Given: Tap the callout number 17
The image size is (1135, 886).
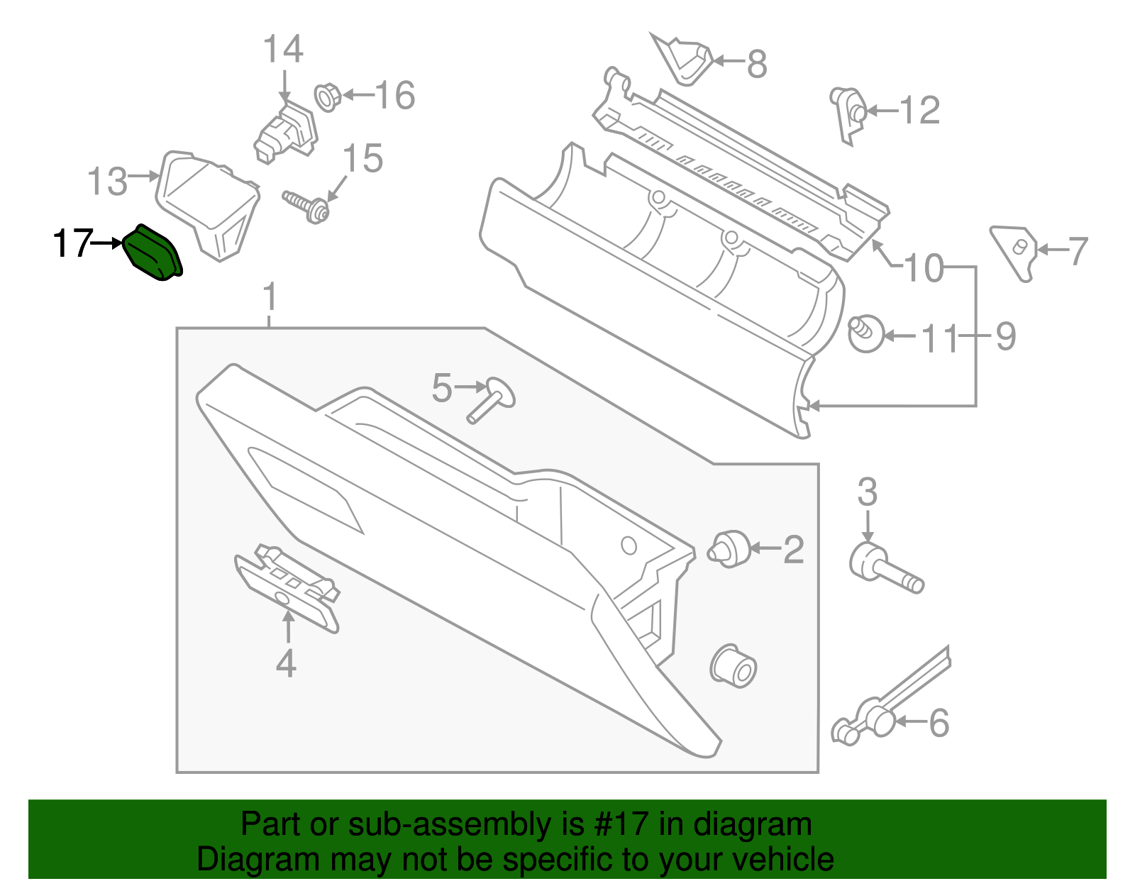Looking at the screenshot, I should coord(72,244).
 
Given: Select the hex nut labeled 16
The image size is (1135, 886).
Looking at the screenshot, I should coord(327,96).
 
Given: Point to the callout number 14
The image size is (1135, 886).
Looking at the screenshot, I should coord(283,50).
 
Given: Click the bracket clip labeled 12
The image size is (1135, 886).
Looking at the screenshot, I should coord(848,113).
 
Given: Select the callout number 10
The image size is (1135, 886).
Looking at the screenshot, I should coord(924,269).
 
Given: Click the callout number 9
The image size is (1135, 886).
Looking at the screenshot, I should coord(1006,336).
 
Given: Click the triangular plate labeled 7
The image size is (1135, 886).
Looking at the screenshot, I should coord(1016,251).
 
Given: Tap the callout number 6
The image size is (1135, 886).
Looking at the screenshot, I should coord(939,723).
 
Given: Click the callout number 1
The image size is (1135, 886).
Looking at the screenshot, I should coord(270,298).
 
